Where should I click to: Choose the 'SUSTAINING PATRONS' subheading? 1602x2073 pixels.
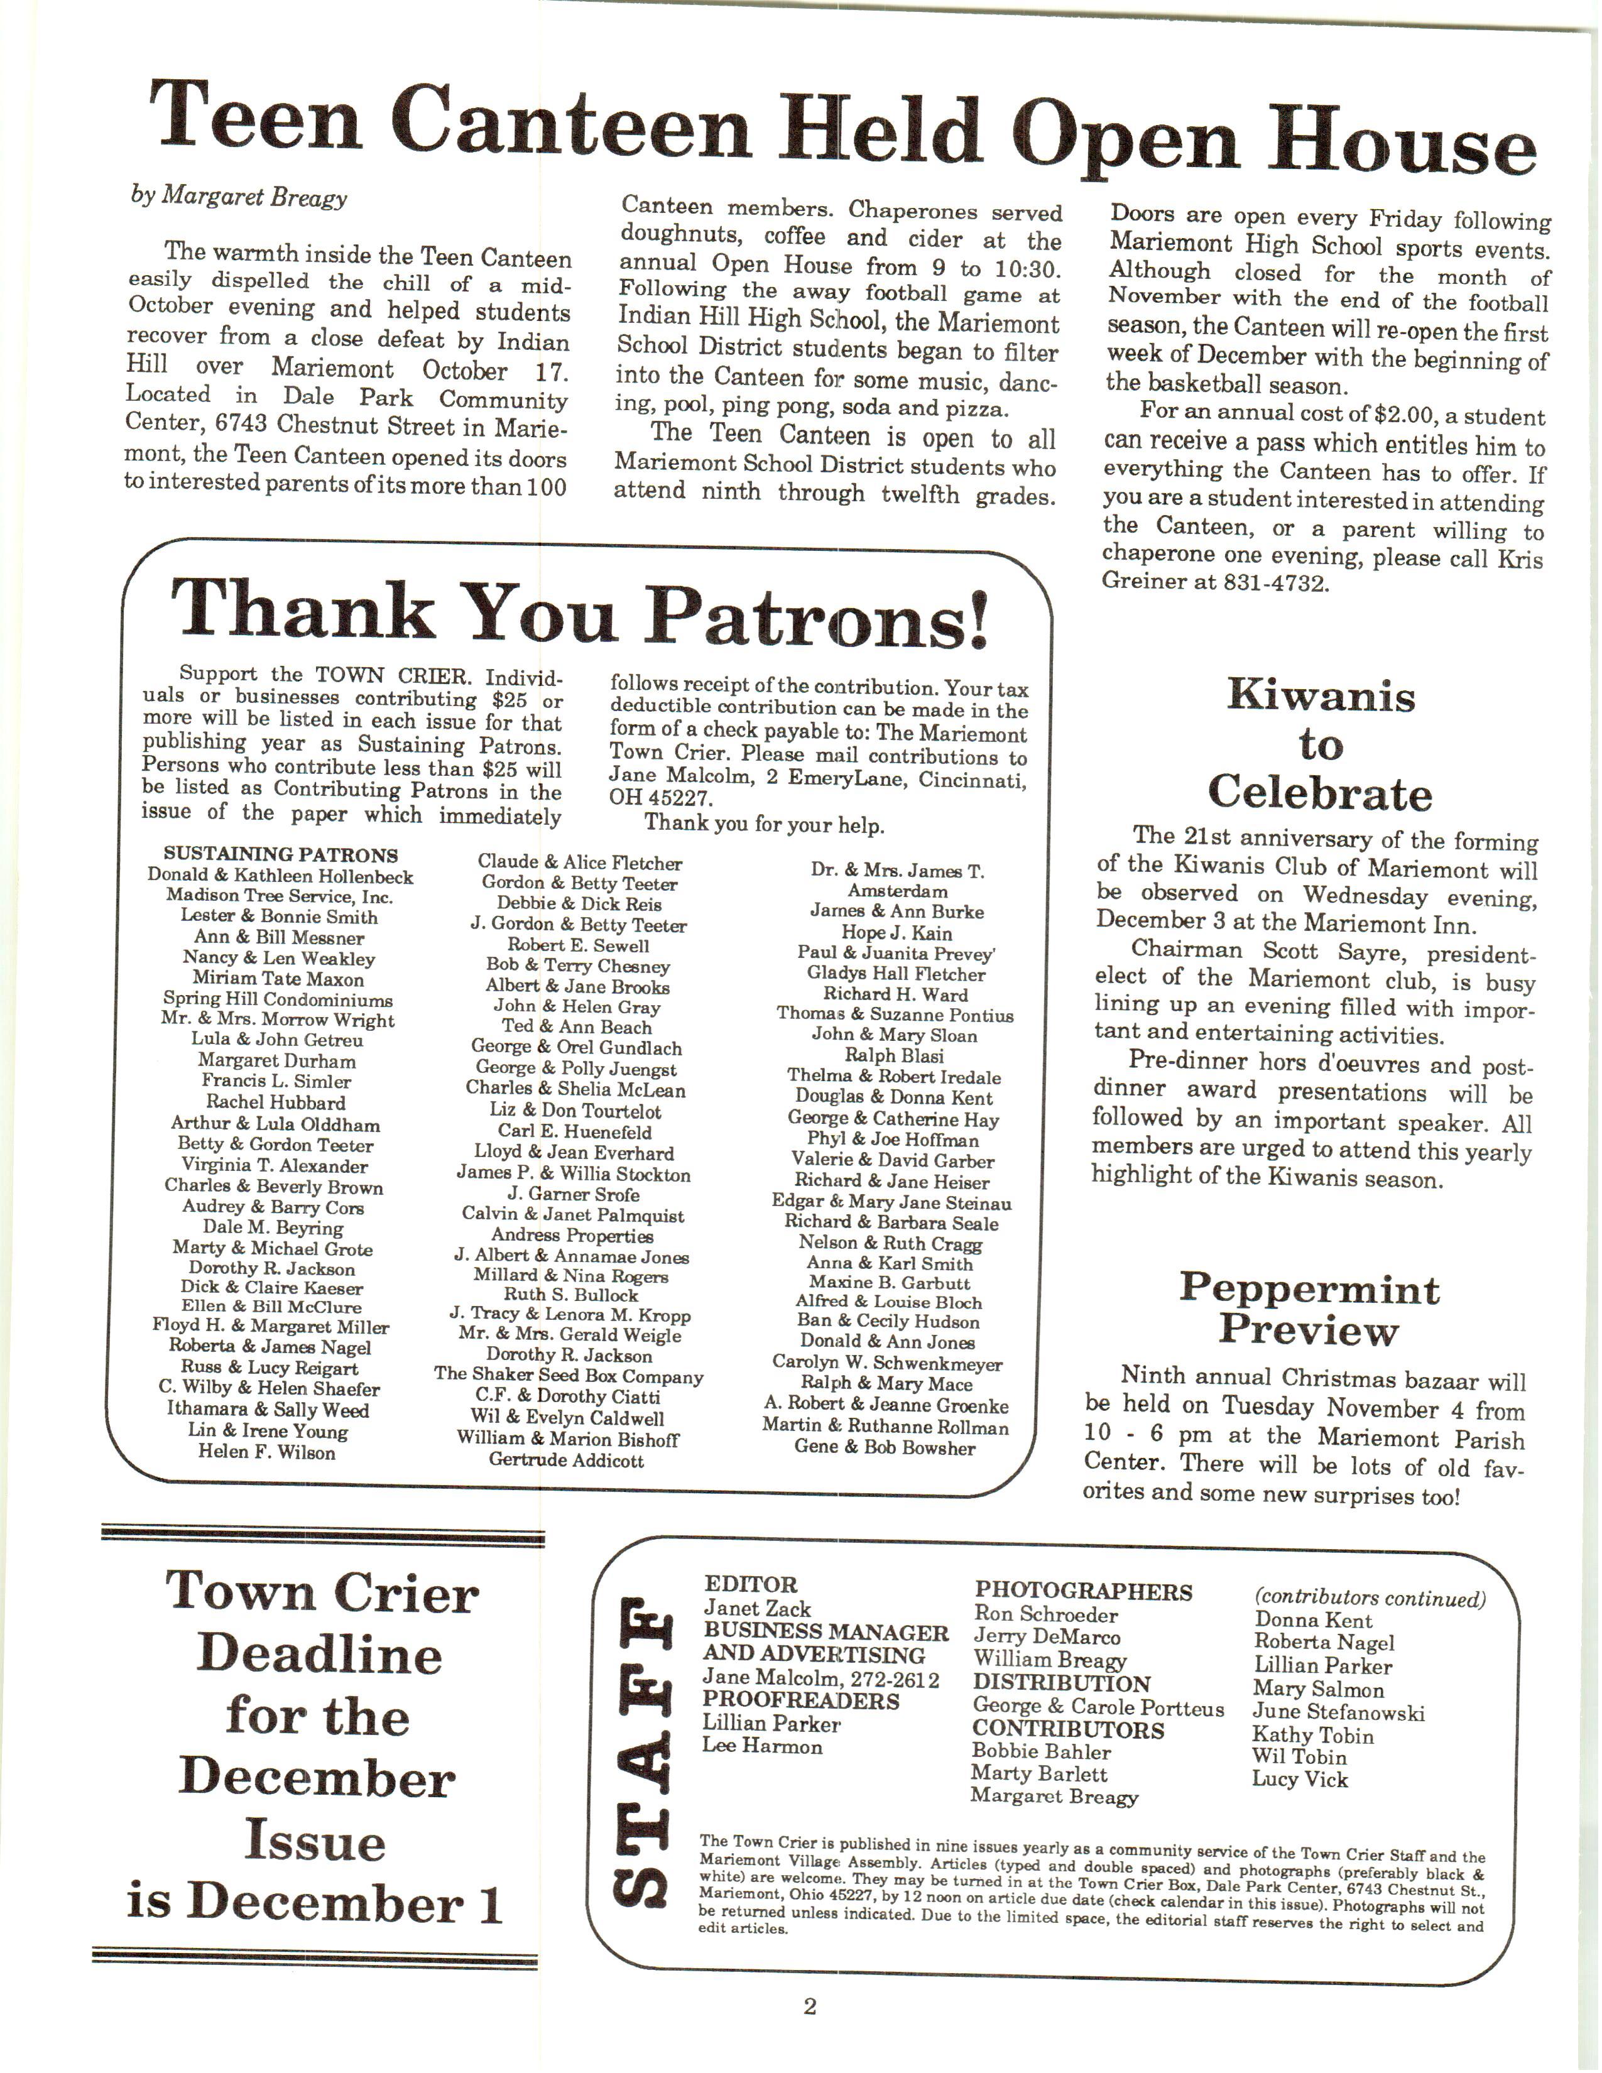click(x=280, y=854)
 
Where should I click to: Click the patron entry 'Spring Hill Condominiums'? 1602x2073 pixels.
click(x=277, y=999)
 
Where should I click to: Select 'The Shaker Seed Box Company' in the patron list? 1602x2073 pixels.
click(x=569, y=1376)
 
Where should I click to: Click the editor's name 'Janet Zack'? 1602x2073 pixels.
click(x=758, y=1608)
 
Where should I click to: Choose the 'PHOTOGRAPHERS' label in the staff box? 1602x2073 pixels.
click(x=1083, y=1592)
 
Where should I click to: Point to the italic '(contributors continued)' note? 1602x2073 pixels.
click(x=1370, y=1599)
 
